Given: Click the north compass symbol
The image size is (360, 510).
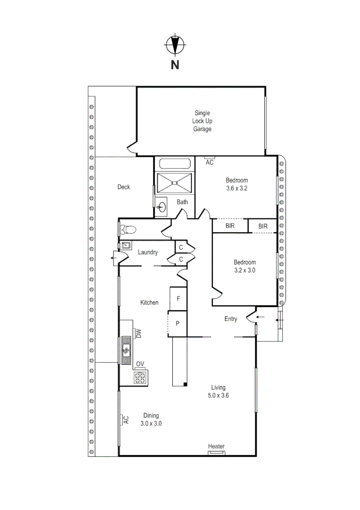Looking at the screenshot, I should click(175, 45).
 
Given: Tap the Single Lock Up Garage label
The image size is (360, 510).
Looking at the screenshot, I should click(202, 121).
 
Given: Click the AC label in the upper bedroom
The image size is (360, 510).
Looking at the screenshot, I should click(210, 162).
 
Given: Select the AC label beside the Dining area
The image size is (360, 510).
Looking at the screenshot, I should click(126, 419).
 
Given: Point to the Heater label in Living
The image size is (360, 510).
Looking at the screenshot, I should click(217, 447).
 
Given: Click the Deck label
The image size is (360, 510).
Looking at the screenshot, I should click(124, 187).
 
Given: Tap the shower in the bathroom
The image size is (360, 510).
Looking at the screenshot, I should click(175, 182).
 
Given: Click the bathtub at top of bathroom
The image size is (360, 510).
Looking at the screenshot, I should click(175, 164).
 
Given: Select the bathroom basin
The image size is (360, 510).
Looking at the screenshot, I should click(162, 207).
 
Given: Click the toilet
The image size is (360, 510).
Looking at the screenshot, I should click(127, 230).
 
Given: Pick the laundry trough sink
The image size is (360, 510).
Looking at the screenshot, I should click(126, 246).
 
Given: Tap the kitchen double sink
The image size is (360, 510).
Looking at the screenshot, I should click(126, 350).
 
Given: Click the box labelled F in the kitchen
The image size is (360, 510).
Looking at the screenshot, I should click(178, 298).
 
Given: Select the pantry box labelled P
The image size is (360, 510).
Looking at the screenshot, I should click(178, 323).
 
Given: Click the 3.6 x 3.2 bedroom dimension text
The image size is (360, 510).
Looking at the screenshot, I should click(236, 188).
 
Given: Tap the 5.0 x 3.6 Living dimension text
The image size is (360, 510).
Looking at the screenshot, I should click(218, 396).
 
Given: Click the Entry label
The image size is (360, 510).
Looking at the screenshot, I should click(231, 319).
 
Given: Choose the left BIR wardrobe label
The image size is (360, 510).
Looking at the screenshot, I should click(230, 226).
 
